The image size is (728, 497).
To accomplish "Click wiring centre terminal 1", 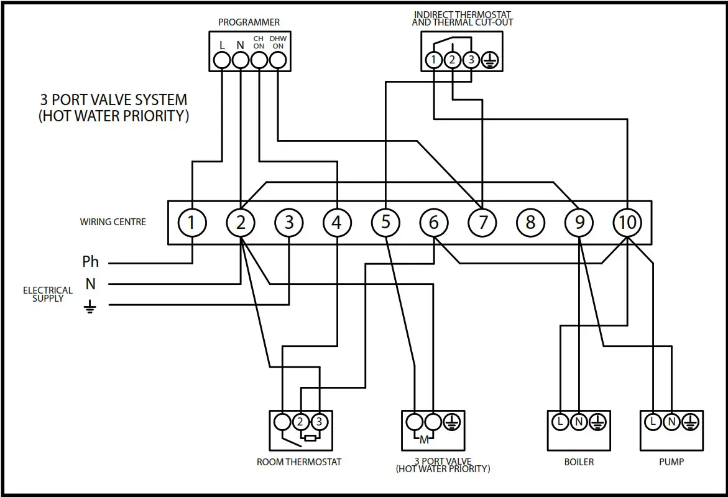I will click(192, 222).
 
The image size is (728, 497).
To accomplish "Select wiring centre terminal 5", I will click(385, 222).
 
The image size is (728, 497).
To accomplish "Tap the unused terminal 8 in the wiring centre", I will click(530, 222).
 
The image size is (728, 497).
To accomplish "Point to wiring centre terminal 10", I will click(627, 222).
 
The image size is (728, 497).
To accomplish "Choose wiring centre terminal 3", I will click(288, 222).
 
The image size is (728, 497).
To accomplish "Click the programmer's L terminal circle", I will click(222, 60).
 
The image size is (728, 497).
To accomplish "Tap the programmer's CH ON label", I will click(259, 42).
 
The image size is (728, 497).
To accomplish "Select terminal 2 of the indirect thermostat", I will click(453, 60).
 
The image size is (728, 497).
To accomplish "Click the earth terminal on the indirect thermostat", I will click(490, 60).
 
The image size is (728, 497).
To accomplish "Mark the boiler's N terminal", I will click(579, 422).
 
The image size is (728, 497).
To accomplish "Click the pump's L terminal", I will click(653, 422).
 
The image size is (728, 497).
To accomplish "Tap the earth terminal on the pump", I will click(689, 422).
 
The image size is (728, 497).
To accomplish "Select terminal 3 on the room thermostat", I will click(319, 422).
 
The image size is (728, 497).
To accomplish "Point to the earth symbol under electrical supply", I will click(91, 306).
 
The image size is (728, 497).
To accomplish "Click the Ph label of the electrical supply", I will click(90, 262).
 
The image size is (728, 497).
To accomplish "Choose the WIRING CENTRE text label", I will click(113, 221).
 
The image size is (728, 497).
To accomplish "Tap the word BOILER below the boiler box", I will click(578, 462).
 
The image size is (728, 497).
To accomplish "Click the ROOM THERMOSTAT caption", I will click(299, 462).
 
